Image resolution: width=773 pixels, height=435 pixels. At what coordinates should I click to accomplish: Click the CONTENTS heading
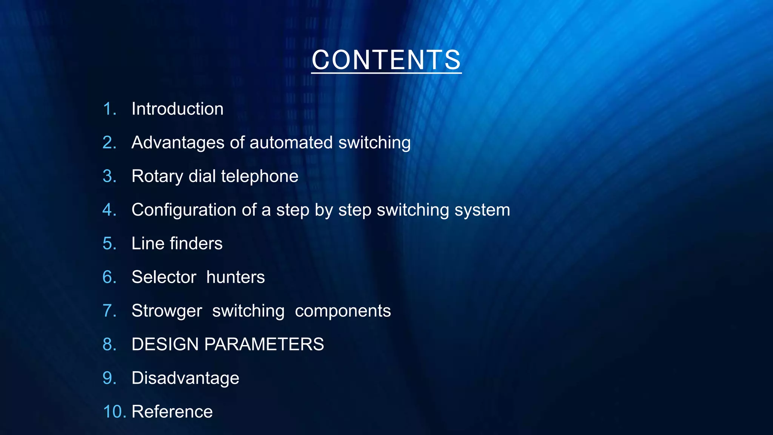click(386, 60)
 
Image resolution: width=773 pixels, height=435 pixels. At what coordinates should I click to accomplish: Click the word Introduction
click(177, 109)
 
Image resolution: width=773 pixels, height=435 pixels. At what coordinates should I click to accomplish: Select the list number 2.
click(109, 143)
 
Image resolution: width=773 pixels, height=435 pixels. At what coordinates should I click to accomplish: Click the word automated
click(291, 143)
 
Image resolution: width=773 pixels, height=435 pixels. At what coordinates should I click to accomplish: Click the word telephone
click(260, 176)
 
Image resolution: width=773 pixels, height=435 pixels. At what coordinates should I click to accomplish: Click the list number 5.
click(109, 244)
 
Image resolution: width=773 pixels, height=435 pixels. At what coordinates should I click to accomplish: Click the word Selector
click(164, 277)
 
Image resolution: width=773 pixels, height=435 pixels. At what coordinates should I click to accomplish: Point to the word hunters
click(236, 277)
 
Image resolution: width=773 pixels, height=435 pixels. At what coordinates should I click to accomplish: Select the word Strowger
click(167, 311)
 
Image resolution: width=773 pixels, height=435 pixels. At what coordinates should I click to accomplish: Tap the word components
click(343, 311)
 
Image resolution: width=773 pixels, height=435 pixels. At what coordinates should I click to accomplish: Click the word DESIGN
click(165, 344)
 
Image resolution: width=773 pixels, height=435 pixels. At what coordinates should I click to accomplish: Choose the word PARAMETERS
click(264, 344)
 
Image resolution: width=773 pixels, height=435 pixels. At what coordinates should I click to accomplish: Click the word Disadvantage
click(185, 378)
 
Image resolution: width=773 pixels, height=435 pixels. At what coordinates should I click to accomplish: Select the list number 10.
click(114, 412)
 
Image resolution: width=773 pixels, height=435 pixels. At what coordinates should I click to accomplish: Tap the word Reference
click(172, 412)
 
